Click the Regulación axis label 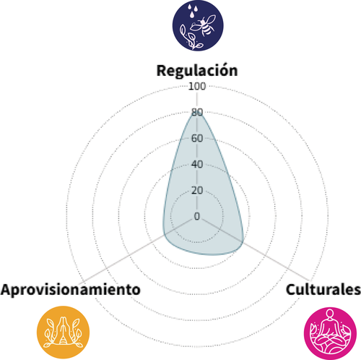(x=197, y=71)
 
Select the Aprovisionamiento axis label (x=71, y=289)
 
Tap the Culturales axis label (x=323, y=289)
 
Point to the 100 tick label (x=197, y=86)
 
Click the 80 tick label (x=197, y=112)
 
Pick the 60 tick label (x=197, y=138)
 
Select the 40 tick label (x=197, y=164)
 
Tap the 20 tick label (x=197, y=190)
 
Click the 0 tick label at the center (x=197, y=216)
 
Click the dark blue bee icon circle (x=198, y=25)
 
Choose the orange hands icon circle (x=63, y=333)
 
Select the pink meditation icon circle (x=330, y=333)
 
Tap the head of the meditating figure (x=330, y=314)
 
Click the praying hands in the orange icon (x=63, y=330)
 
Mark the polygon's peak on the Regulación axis (x=197, y=112)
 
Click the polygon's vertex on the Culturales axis (x=243, y=242)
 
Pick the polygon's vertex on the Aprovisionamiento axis (x=165, y=235)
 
